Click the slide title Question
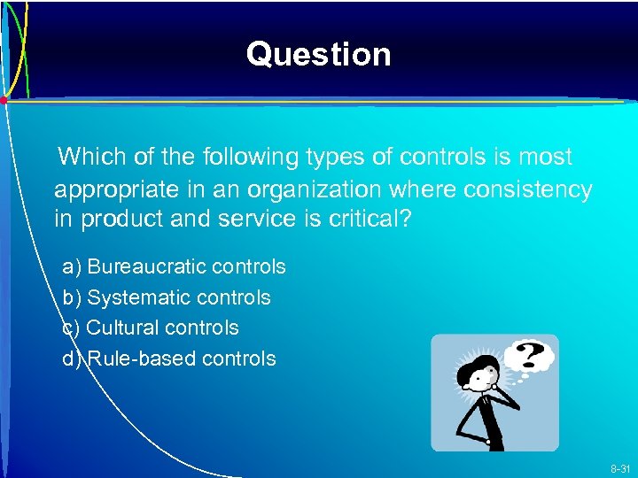point(318,55)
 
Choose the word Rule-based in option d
point(144,358)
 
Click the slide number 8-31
point(619,467)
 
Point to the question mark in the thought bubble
point(530,355)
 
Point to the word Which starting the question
point(89,158)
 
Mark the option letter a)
point(72,266)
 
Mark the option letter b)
point(72,297)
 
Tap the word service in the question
point(245,219)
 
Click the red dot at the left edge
point(4,101)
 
